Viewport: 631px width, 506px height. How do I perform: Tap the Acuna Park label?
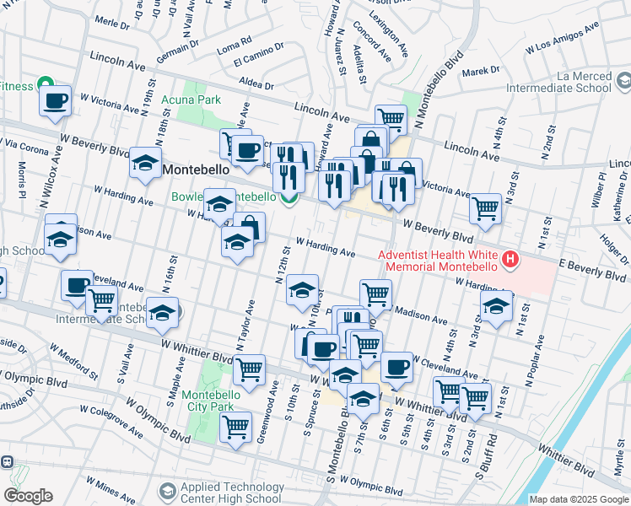[x=191, y=100]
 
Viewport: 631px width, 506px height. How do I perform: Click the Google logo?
[x=28, y=496]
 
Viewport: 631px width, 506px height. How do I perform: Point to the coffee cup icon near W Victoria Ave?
[x=56, y=102]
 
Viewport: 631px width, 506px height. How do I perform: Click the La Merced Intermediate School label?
[x=567, y=82]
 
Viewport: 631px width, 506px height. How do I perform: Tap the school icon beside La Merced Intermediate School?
[x=623, y=82]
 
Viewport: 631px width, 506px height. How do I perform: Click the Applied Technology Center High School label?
[x=232, y=493]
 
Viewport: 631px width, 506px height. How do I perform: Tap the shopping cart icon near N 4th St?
[x=485, y=207]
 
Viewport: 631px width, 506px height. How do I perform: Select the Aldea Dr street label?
[x=256, y=85]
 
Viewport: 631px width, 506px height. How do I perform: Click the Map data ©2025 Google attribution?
[x=579, y=499]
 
